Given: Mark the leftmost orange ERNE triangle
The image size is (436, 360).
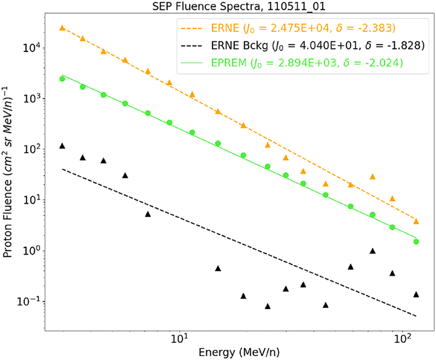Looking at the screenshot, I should tap(62, 27).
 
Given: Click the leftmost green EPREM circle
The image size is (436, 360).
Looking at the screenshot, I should tap(62, 79).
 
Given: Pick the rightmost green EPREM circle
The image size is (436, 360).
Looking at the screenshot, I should tap(416, 242).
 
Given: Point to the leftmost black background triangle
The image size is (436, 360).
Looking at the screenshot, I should tap(62, 146).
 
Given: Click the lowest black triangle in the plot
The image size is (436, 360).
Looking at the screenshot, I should tap(268, 306).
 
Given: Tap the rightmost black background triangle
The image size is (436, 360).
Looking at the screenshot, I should tap(416, 294).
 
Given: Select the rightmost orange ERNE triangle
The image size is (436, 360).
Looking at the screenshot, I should tap(416, 221).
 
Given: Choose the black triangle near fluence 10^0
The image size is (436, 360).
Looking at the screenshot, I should tap(373, 251).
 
